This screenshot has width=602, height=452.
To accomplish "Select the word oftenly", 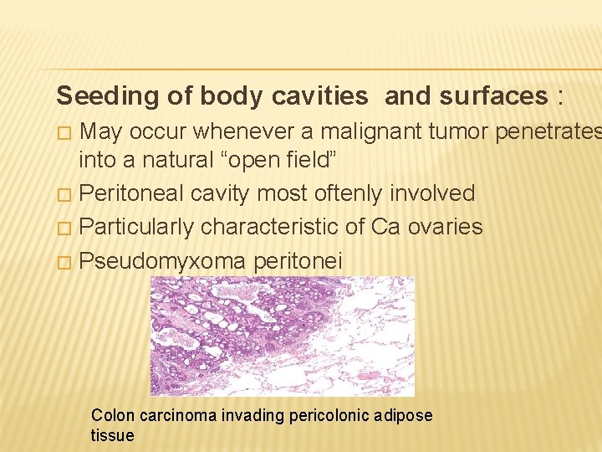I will [344, 194].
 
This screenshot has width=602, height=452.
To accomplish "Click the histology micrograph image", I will [283, 336].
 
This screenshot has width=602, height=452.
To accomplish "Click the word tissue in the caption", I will [112, 435].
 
